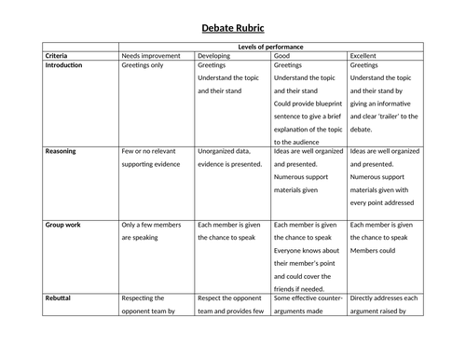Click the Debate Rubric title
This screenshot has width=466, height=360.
pyautogui.click(x=232, y=28)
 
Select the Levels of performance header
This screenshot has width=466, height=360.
pyautogui.click(x=268, y=47)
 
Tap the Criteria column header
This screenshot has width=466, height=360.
pyautogui.click(x=57, y=56)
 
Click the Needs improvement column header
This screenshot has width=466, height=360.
pyautogui.click(x=153, y=56)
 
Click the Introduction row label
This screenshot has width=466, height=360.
pyautogui.click(x=64, y=66)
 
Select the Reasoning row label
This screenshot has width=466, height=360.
pyautogui.click(x=62, y=150)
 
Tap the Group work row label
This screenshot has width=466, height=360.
pyautogui.click(x=64, y=225)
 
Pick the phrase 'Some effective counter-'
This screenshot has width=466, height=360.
pyautogui.click(x=307, y=299)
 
